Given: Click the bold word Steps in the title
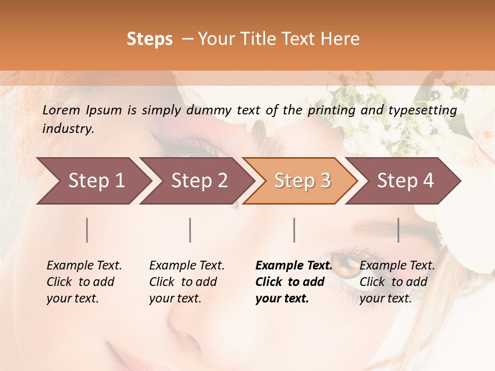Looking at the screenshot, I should click(x=150, y=39).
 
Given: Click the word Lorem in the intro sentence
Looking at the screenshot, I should click(x=61, y=110).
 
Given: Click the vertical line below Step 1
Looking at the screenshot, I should click(x=87, y=230).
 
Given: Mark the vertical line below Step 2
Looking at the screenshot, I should click(x=190, y=230).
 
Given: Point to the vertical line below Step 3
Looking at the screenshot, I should click(x=294, y=230).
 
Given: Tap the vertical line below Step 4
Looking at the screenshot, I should click(x=399, y=230).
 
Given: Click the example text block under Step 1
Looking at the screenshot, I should click(x=84, y=282).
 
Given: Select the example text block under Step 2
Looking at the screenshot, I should click(x=187, y=282).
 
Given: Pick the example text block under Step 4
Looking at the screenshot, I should click(x=397, y=282).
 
